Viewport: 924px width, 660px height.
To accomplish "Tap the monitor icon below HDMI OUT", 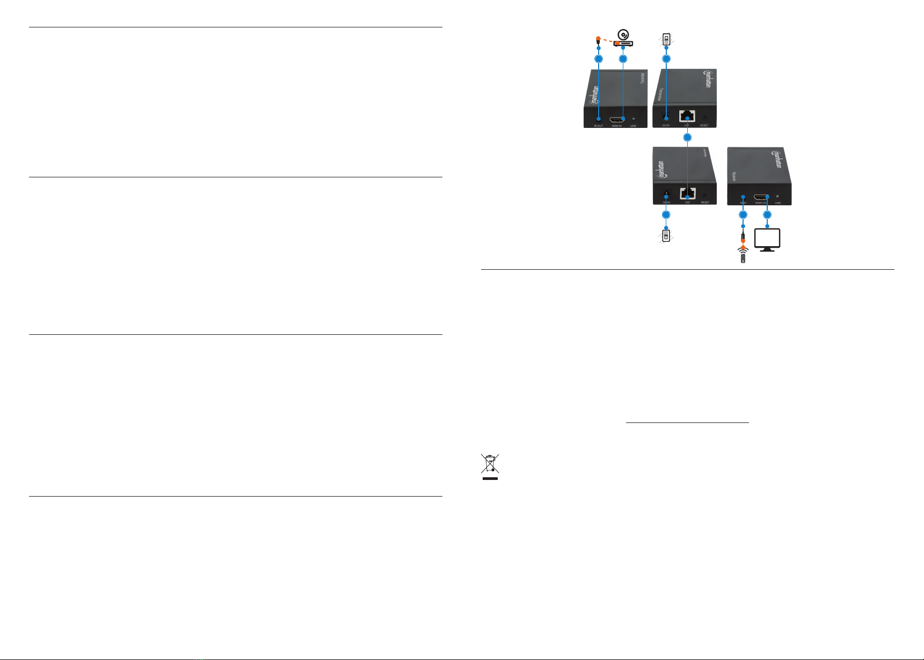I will click(x=767, y=240).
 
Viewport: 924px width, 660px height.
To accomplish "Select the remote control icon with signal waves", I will click(x=743, y=254).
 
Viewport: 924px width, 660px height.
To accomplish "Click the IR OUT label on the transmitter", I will click(x=598, y=126).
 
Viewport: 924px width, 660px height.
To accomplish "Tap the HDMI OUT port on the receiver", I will click(x=760, y=197).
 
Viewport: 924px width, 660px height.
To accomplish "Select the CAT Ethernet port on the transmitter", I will click(x=687, y=116).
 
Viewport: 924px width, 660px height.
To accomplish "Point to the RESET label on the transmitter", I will click(x=704, y=126).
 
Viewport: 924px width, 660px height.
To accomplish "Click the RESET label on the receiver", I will click(x=704, y=203).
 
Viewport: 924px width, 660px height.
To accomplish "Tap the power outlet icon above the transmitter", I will click(x=666, y=39).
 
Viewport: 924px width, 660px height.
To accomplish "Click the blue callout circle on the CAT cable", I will click(x=687, y=138).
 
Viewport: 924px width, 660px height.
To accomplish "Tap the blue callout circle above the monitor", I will click(x=767, y=215).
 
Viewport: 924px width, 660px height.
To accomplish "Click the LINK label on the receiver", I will click(x=778, y=203).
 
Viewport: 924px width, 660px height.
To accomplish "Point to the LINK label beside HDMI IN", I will click(x=634, y=126).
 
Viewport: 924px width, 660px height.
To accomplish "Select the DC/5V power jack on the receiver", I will click(x=666, y=193).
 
